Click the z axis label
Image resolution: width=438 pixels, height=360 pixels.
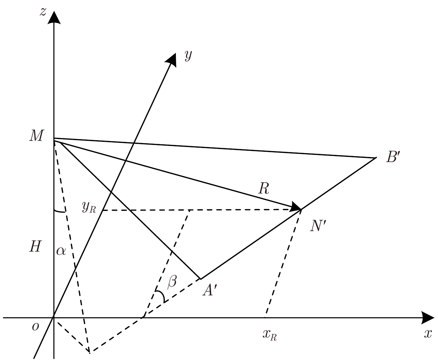coord(43,12)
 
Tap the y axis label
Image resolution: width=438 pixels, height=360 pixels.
coord(188,56)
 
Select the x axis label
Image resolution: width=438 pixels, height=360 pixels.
coord(428,334)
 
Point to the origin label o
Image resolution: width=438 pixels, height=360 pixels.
coord(35,327)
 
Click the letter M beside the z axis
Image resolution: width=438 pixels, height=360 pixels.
coord(37,136)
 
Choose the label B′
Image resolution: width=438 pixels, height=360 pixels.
coord(393,157)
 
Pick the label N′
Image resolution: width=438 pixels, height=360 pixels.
coord(318,226)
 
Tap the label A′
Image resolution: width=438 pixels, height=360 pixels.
coord(210,290)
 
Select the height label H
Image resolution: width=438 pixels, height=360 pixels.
coord(36,246)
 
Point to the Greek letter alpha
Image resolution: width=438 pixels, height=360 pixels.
coord(61,251)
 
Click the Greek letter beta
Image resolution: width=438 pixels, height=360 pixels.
coord(172,282)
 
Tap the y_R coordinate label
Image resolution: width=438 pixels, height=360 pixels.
coord(89,207)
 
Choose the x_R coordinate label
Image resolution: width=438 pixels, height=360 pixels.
coord(270,335)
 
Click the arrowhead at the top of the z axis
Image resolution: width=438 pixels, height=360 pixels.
coord(54,17)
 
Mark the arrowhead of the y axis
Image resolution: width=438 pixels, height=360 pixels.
coord(171,60)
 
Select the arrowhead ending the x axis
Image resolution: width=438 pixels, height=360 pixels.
coord(427,318)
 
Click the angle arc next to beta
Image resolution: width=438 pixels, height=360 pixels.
coord(161,296)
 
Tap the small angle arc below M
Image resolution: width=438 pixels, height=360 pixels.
coord(60,211)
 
